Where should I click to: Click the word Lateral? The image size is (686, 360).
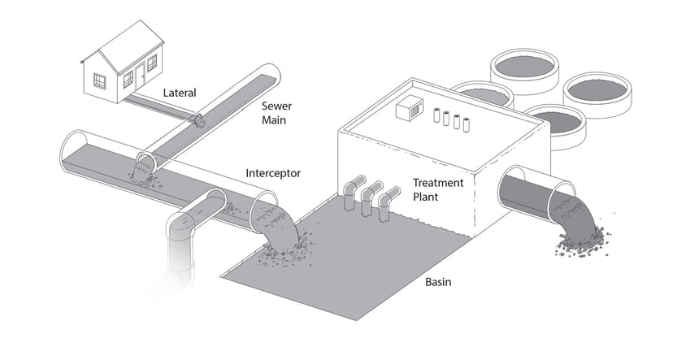(180, 93)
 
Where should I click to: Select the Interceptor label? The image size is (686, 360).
(274, 173)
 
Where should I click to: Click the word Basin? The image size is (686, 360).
(439, 283)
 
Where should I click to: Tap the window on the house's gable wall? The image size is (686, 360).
(100, 80)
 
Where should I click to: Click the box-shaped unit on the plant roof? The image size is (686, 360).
(408, 109)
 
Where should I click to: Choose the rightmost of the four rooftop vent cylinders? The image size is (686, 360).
(467, 124)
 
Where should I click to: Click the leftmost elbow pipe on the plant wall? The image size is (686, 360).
(350, 193)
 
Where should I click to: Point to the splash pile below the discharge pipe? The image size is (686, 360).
(581, 239)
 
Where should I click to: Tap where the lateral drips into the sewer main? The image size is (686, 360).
(198, 121)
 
